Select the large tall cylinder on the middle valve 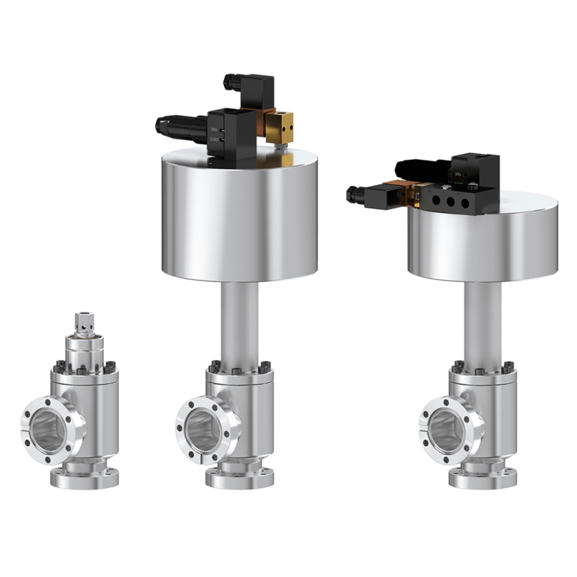[x=239, y=215]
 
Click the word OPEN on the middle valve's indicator [x=214, y=130]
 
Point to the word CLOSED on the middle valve [x=214, y=139]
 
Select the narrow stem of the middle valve [x=239, y=325]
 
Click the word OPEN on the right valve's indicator [x=457, y=175]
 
